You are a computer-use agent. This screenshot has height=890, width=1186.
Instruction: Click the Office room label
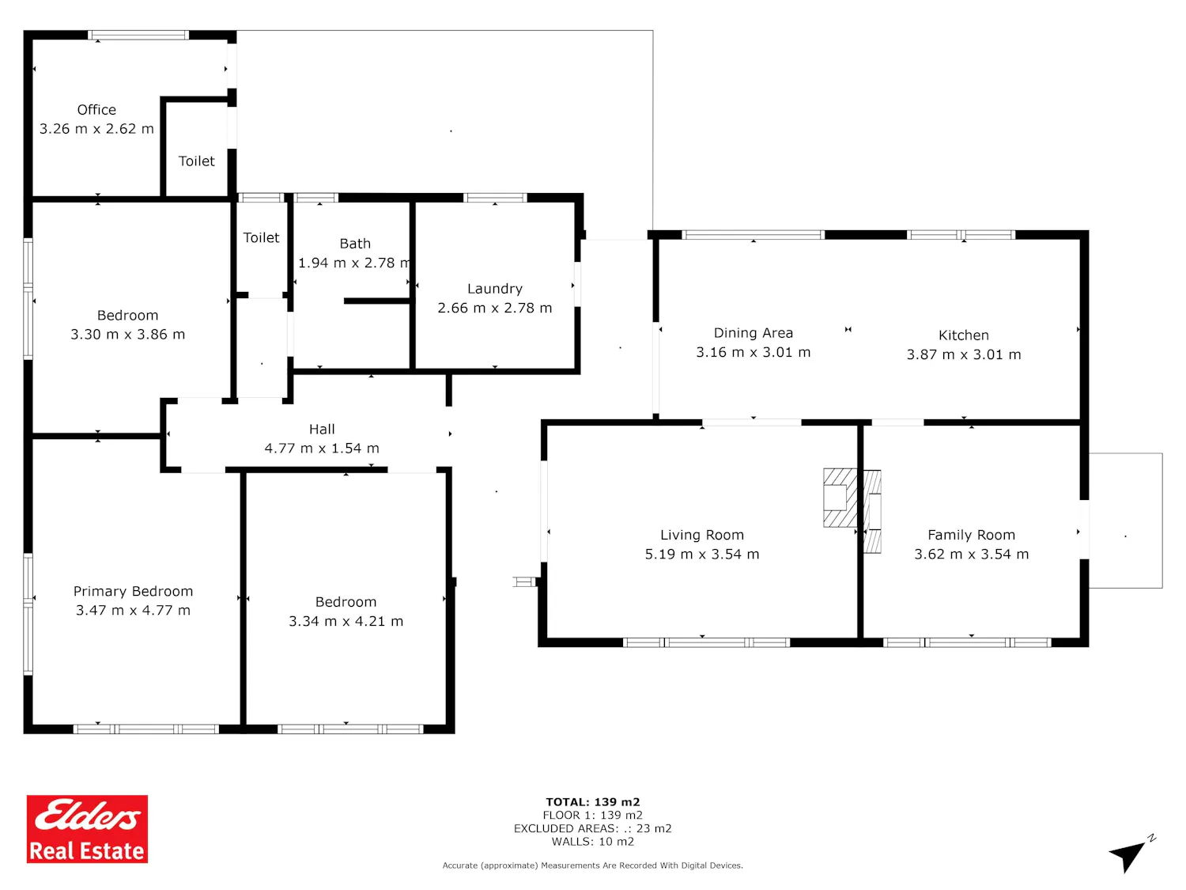point(96,110)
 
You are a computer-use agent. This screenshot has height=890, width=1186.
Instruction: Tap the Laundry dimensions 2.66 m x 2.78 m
point(494,308)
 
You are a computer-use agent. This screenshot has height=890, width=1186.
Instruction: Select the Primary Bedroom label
point(133,591)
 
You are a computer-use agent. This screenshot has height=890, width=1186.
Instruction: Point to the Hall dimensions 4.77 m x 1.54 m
point(322,449)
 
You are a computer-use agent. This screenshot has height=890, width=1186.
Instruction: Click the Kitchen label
point(963,335)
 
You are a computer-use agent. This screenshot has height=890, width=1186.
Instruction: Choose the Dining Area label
point(754,333)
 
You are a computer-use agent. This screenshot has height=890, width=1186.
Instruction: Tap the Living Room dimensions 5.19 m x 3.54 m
point(702,555)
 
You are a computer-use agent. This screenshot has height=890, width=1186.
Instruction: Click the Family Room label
point(971,535)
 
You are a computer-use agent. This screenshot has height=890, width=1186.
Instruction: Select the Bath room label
point(355,244)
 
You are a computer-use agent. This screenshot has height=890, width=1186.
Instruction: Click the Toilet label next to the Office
point(197,161)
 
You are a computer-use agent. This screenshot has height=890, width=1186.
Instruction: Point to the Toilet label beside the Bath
point(261,238)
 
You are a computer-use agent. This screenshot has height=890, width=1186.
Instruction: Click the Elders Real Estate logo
point(87,829)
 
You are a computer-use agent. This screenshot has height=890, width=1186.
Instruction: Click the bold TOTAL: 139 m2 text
point(593,802)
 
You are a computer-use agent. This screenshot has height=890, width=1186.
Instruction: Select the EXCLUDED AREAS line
point(593,828)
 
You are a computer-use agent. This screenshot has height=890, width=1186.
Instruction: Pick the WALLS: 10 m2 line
point(593,842)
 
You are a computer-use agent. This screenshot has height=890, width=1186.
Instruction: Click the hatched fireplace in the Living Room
point(840,498)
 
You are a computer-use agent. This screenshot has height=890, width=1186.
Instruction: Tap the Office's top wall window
point(138,35)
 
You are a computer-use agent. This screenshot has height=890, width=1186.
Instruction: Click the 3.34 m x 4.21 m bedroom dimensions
point(346,622)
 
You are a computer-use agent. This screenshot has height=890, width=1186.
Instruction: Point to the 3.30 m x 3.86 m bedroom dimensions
point(127,335)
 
